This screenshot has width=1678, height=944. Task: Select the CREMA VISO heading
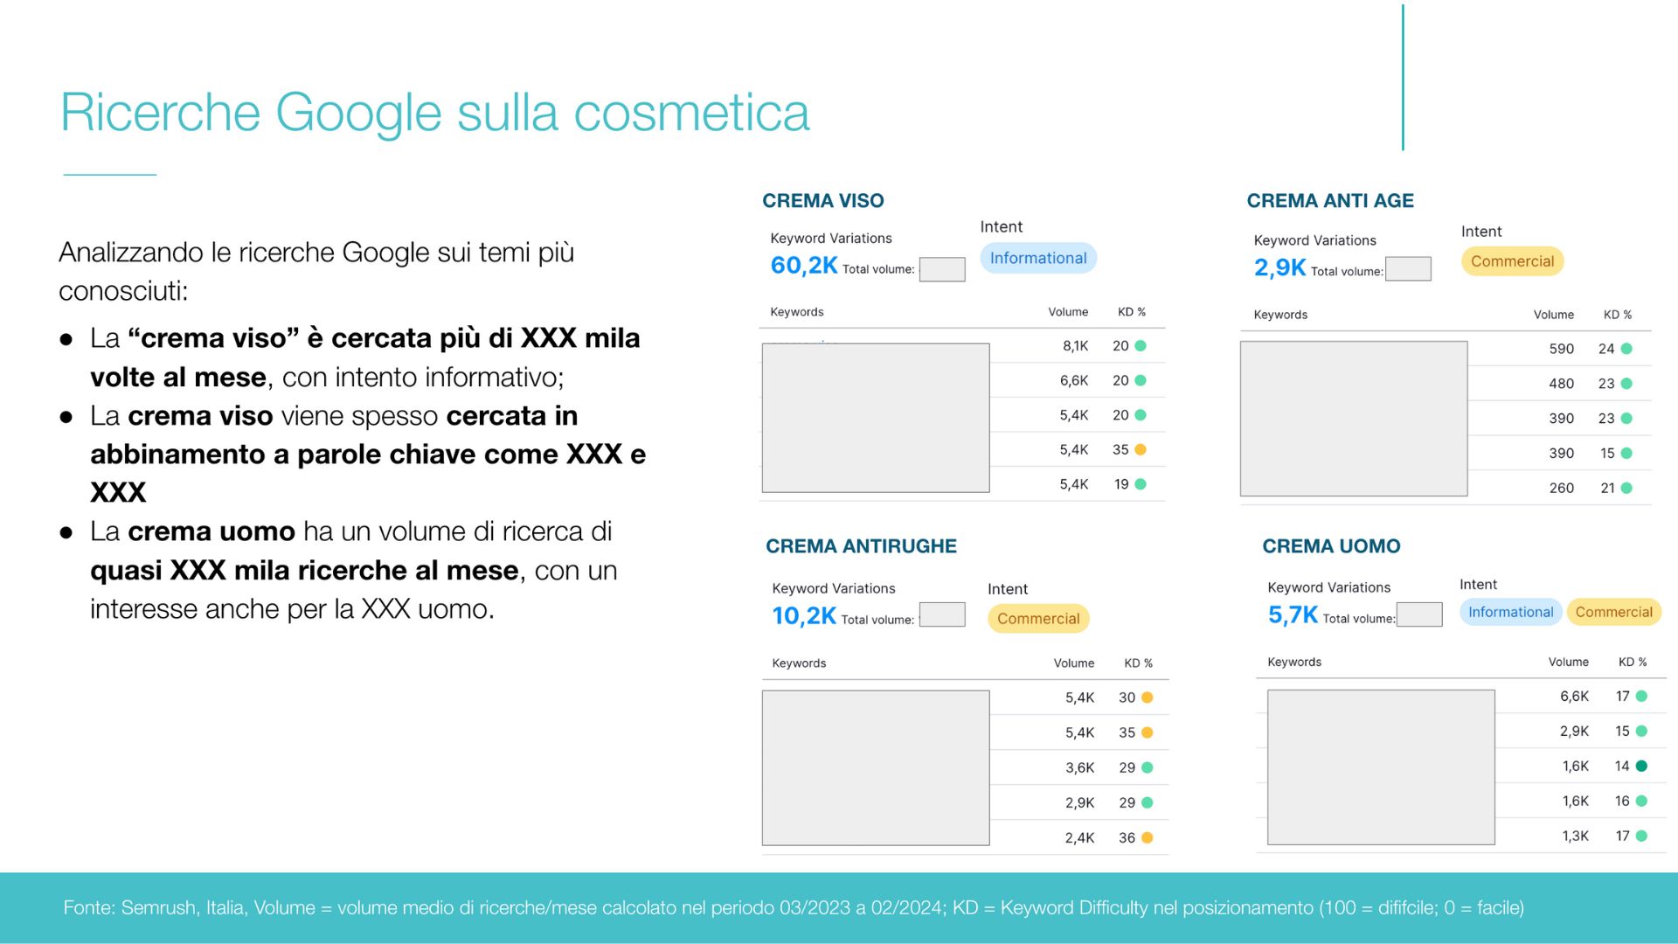coord(823,201)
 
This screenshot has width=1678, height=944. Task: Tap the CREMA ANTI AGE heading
coord(1330,201)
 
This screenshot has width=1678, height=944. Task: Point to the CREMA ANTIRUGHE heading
coord(861,546)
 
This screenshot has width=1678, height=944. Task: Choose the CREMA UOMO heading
coord(1331,546)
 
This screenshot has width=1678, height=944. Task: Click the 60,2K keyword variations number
coord(804,266)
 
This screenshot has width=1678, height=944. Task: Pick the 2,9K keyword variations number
coord(1279,267)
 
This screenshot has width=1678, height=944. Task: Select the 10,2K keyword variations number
coord(804,616)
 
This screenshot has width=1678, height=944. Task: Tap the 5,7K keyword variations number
coord(1293,615)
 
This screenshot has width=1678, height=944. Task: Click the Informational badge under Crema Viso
coord(1038,258)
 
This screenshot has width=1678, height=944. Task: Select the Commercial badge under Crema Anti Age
coord(1512,261)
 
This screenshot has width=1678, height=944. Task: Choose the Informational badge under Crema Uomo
coord(1510,612)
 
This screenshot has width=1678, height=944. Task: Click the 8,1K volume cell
coord(1075,346)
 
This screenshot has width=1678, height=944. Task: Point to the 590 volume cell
coord(1561,349)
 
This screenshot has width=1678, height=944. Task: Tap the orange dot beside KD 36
coord(1148,837)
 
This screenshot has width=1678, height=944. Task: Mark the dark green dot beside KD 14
coord(1641,766)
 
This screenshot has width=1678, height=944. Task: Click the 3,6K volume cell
coord(1079,767)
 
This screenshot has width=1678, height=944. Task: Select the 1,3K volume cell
coord(1575,836)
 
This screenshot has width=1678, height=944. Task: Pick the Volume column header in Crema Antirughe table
coord(1073,663)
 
